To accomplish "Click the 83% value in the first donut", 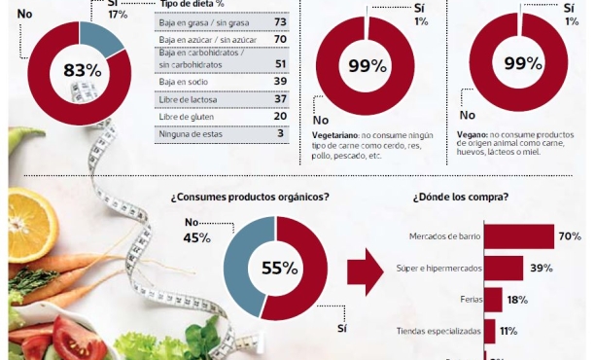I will (82, 70).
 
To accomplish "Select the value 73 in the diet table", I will (279, 21).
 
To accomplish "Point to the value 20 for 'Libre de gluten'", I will (279, 116).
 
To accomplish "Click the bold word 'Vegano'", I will (473, 134).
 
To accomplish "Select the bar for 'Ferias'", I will (493, 300).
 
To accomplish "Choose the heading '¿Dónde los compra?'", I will (460, 197).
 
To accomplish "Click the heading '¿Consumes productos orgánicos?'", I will (250, 197).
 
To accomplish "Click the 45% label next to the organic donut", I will (196, 237).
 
